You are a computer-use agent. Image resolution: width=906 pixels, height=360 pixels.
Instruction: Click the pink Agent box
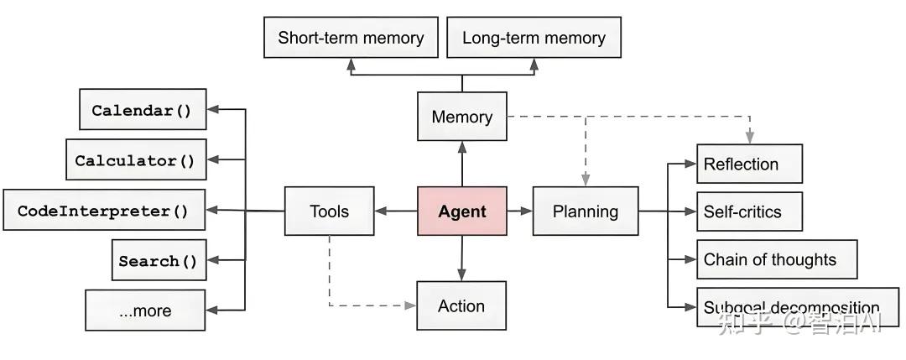tap(462, 211)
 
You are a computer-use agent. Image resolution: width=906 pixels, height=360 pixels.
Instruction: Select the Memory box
tap(462, 117)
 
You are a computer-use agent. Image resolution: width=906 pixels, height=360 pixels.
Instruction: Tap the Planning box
tap(585, 211)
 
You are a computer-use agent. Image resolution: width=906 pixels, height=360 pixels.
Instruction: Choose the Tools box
tap(329, 211)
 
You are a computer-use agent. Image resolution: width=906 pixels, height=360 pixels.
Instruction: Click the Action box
tap(461, 305)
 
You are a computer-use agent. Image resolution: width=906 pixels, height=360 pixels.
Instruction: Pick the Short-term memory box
tap(351, 38)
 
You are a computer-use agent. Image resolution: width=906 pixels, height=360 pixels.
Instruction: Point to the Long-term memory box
tap(534, 38)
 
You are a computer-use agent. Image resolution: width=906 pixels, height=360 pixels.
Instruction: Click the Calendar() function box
tap(143, 110)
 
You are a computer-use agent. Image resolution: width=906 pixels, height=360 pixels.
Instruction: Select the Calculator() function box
tap(135, 160)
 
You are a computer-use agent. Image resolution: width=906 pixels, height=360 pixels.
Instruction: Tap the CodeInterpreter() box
tap(104, 211)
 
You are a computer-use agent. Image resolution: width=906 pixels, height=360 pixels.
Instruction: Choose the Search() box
tap(159, 260)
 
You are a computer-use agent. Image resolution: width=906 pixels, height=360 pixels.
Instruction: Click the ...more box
tap(145, 310)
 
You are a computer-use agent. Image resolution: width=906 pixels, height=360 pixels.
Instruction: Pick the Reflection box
tap(749, 164)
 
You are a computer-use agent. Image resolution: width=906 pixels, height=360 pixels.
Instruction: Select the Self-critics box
tap(749, 211)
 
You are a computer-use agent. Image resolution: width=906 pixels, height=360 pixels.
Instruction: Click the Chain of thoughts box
tap(777, 259)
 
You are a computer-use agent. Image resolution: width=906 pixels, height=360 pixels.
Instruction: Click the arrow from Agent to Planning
tap(520, 211)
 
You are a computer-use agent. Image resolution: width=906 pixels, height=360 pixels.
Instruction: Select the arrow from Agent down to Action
tap(462, 258)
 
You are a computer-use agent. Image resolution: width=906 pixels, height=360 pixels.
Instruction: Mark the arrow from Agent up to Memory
tap(462, 163)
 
